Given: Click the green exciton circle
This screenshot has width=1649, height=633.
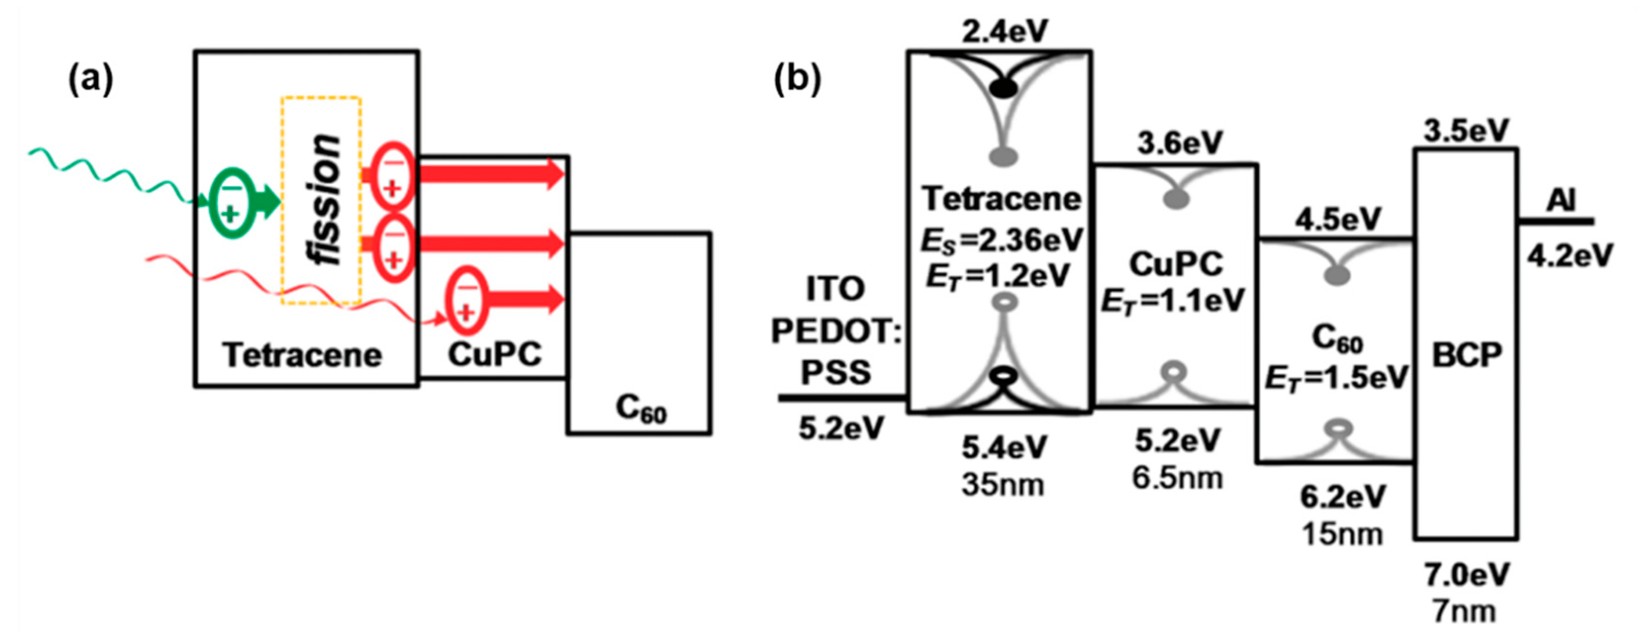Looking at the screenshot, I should (232, 202).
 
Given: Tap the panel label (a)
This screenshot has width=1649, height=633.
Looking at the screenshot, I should (90, 80).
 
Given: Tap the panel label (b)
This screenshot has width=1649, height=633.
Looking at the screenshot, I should (797, 80).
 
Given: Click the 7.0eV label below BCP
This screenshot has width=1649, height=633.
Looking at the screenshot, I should (1466, 575).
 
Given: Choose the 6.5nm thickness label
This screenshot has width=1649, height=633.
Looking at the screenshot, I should (1177, 478).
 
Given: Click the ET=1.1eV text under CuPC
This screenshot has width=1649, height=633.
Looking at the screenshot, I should (1173, 301).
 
